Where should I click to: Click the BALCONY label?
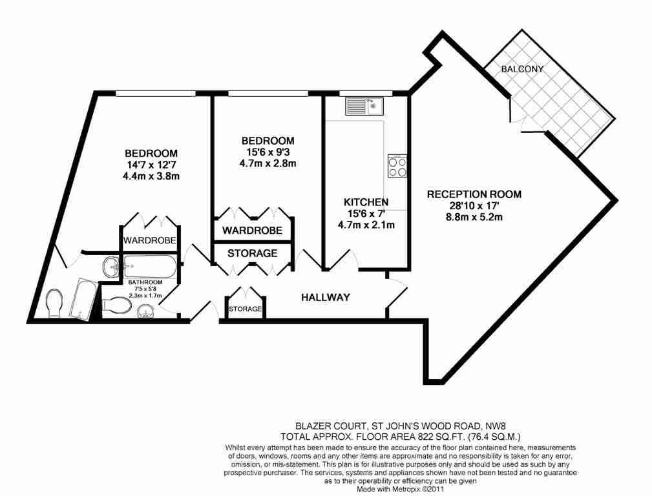click(x=523, y=69)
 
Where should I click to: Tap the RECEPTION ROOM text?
click(x=474, y=194)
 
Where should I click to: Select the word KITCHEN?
click(x=366, y=202)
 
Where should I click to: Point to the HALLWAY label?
click(x=326, y=298)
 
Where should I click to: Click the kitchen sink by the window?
click(x=364, y=106)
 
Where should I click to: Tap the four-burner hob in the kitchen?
click(x=397, y=167)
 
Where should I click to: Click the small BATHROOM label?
click(x=145, y=282)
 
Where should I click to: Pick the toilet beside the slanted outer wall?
click(x=55, y=302)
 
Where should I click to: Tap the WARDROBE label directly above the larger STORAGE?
click(x=252, y=231)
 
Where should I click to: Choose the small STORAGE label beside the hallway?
click(x=245, y=309)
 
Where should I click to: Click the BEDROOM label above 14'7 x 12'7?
click(x=151, y=153)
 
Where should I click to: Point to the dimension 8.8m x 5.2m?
click(x=474, y=217)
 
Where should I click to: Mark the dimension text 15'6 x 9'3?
click(x=268, y=152)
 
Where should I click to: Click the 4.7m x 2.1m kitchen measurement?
click(x=366, y=225)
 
